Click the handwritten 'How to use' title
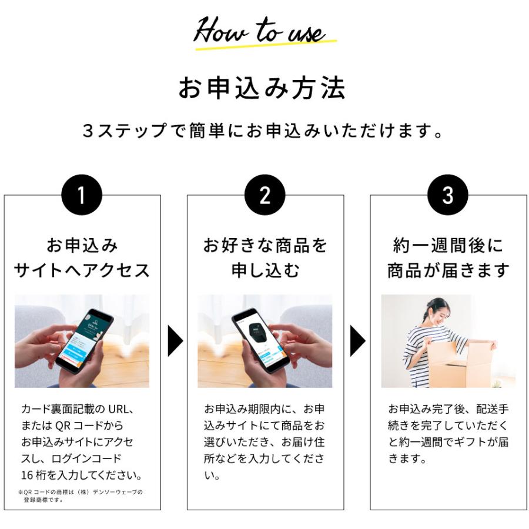point(260,31)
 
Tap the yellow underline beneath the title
point(266,45)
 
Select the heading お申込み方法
point(262,88)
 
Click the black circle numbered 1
point(82,195)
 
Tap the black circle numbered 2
point(265,195)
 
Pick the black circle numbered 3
point(448,195)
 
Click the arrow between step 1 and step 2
point(175,341)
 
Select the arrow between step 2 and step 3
point(357,341)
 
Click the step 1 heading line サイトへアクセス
point(82,270)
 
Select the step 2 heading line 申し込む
point(266,270)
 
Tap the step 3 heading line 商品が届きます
point(448,270)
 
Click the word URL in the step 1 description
point(118,409)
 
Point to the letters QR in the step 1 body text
point(62,426)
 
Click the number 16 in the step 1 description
point(27,476)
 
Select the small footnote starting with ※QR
point(81,495)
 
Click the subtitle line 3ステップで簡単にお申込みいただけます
point(263,130)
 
